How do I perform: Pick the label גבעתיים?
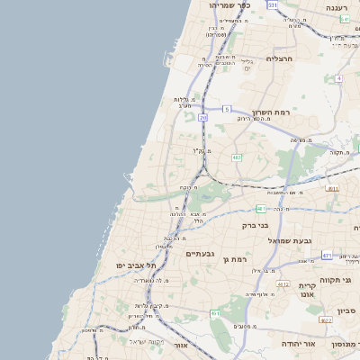(x=199, y=254)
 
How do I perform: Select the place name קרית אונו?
(x=307, y=290)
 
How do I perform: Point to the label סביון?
(x=347, y=310)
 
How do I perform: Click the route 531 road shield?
(x=273, y=5)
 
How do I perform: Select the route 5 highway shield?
(x=227, y=108)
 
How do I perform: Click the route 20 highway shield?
(x=203, y=117)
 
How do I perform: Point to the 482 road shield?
(x=237, y=157)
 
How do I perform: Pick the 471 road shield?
(x=327, y=256)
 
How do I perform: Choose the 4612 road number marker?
(x=283, y=284)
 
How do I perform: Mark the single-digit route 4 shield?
(x=338, y=78)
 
